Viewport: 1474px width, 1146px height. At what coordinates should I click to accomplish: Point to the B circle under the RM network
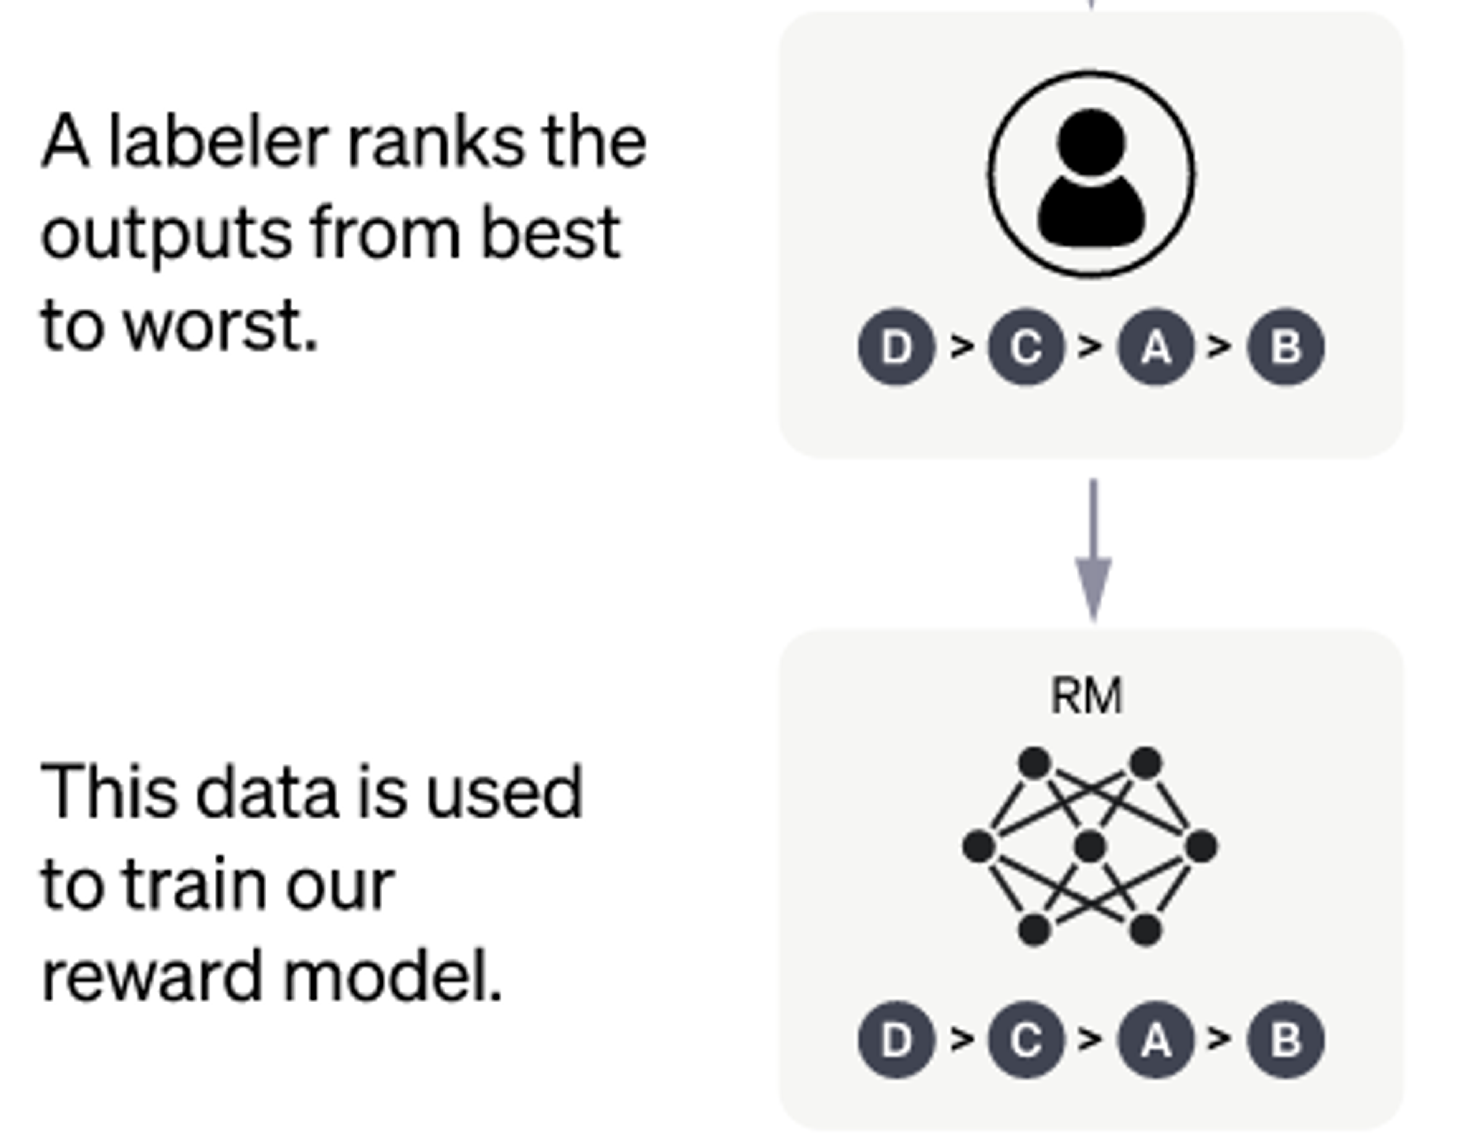click(x=1286, y=1039)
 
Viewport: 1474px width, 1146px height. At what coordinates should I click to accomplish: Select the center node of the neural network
click(x=1091, y=846)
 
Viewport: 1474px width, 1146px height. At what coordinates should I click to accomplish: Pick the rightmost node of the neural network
click(x=1201, y=846)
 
